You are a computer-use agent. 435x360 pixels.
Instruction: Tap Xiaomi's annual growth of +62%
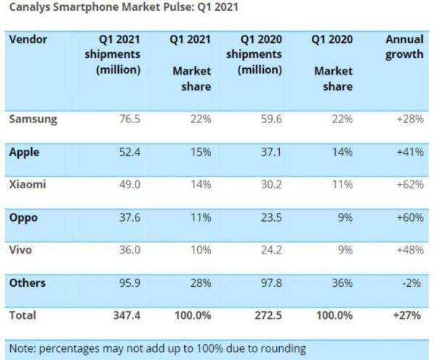click(410, 185)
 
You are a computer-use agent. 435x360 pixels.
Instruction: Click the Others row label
click(29, 282)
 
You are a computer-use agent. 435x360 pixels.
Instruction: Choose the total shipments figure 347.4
click(124, 316)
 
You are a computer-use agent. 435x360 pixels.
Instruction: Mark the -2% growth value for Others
click(413, 282)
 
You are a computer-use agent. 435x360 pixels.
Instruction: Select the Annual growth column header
click(405, 46)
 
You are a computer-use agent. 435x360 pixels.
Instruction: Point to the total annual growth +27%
click(409, 316)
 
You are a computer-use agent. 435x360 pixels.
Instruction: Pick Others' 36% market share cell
click(341, 282)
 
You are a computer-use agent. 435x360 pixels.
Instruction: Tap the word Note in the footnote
click(24, 348)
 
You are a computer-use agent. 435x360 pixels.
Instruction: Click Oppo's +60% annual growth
click(410, 217)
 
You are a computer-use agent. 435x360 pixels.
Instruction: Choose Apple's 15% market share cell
click(199, 153)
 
